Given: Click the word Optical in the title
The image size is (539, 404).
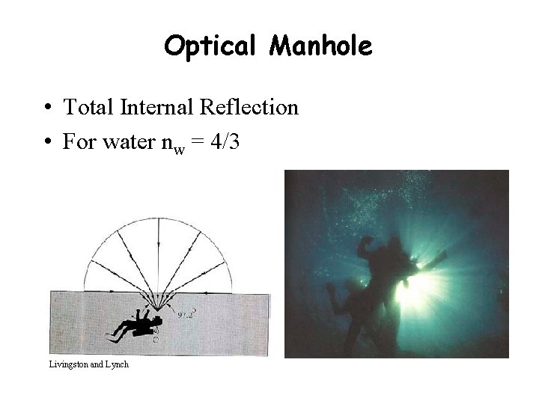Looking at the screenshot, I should (x=208, y=46).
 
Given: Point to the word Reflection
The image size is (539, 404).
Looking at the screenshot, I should (x=249, y=108).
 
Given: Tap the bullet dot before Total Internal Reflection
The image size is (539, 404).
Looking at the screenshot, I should (x=47, y=108).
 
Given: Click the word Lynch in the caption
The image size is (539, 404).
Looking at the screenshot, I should (x=117, y=364).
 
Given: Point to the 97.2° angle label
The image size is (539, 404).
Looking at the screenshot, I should (x=187, y=315).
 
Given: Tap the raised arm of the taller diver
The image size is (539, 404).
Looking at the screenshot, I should (x=368, y=247).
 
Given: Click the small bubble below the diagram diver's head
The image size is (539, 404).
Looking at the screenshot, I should (x=156, y=339).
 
